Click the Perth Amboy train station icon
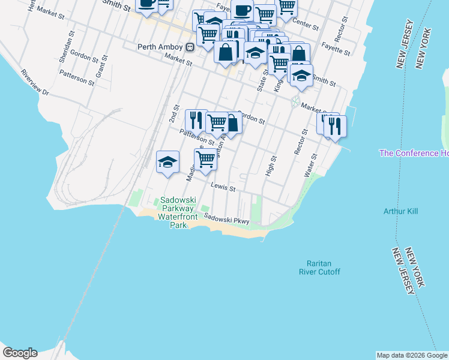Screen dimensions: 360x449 click(x=190, y=47)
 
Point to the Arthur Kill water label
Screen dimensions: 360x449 click(x=400, y=211)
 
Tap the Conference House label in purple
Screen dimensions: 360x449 click(x=414, y=153)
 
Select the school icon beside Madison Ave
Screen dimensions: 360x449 click(x=167, y=161)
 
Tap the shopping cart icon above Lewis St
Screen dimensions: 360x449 click(x=205, y=160)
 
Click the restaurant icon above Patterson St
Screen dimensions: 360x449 click(x=196, y=120)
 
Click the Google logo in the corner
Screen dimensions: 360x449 click(x=20, y=353)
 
